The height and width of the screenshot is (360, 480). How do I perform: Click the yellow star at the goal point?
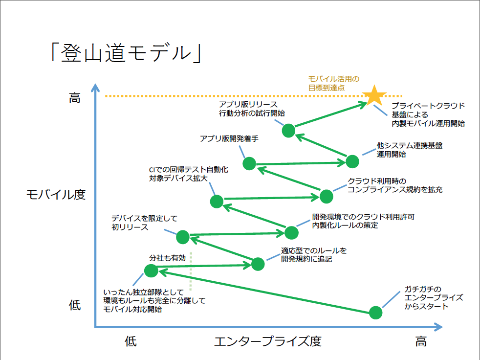click(374, 95)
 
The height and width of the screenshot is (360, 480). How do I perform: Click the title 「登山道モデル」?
click(126, 53)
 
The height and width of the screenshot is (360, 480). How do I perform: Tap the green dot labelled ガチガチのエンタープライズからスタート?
click(375, 313)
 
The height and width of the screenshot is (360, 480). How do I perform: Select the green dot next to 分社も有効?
click(151, 270)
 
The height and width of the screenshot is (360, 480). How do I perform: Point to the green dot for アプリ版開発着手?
click(249, 163)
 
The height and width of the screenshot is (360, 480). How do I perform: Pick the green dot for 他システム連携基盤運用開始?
click(352, 161)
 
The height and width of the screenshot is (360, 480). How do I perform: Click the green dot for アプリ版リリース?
click(288, 131)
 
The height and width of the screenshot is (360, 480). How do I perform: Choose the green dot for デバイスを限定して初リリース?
click(183, 237)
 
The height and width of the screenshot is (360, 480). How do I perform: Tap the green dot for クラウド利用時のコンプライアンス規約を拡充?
click(327, 197)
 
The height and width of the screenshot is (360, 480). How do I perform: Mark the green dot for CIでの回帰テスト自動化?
click(217, 202)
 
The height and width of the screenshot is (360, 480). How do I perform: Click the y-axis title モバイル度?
click(56, 195)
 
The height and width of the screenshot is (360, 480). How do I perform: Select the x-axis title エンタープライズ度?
click(267, 341)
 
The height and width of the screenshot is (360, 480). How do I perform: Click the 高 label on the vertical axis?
click(75, 98)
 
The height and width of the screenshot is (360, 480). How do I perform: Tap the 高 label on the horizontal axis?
click(421, 341)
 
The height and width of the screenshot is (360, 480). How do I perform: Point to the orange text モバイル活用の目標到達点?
click(334, 83)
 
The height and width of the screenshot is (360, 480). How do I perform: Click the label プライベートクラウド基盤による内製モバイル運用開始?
click(428, 114)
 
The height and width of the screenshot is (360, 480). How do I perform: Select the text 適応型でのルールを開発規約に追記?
click(314, 255)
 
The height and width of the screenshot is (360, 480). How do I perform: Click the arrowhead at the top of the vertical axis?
click(95, 87)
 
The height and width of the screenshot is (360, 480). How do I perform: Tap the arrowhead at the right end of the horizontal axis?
click(438, 327)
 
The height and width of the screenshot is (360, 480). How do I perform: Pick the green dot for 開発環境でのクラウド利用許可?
click(291, 232)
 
